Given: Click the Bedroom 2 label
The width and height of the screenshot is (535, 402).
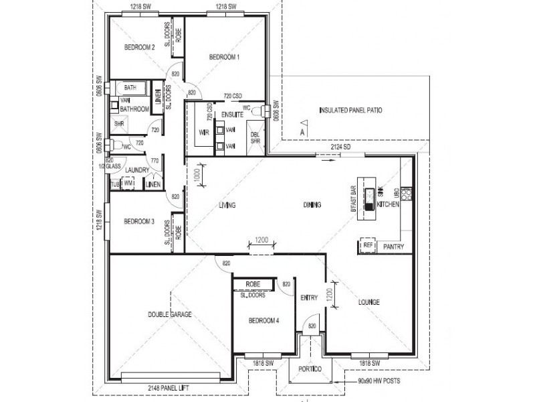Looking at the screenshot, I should coord(140,47).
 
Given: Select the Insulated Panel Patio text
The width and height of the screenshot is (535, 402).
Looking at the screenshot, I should coord(350,109).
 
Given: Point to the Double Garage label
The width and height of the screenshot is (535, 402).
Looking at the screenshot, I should coord(171,314).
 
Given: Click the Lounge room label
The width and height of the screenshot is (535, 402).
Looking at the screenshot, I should coord(369,302).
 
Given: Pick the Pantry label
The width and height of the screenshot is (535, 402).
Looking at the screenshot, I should coord(393,247).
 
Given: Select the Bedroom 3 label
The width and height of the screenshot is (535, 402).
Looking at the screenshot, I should coord(140,222).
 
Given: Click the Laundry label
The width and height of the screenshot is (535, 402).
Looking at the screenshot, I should coord(136,170).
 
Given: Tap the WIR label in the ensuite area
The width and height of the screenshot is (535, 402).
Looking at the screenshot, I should coord(204,133).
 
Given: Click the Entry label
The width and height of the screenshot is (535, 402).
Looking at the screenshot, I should coord(309,298).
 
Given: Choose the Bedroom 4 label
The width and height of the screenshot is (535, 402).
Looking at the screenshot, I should coord(263,321).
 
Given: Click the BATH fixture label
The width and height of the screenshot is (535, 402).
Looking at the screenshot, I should coord(130,88).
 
